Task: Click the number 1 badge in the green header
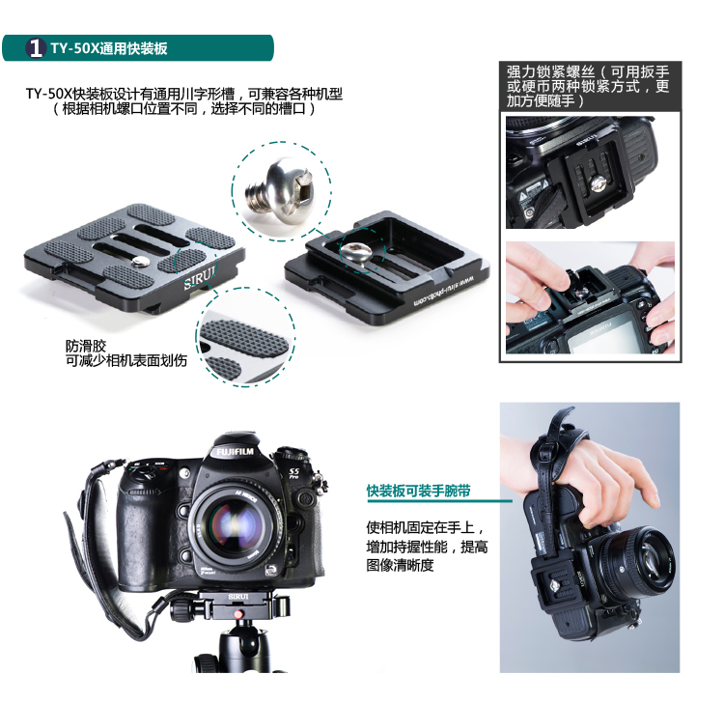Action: click(36, 48)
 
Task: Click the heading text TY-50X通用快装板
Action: click(109, 48)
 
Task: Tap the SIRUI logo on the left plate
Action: click(200, 277)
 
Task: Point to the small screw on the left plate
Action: click(140, 263)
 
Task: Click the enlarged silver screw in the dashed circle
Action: click(279, 191)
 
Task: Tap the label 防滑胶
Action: click(86, 346)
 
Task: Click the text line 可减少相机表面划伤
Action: click(126, 360)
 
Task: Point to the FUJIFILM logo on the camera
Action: click(235, 451)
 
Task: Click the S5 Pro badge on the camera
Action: click(294, 472)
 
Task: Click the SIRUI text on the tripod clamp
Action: click(238, 597)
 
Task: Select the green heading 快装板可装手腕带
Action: click(418, 491)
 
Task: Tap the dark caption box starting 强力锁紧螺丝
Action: click(590, 86)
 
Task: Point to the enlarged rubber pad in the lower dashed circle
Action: click(245, 336)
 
